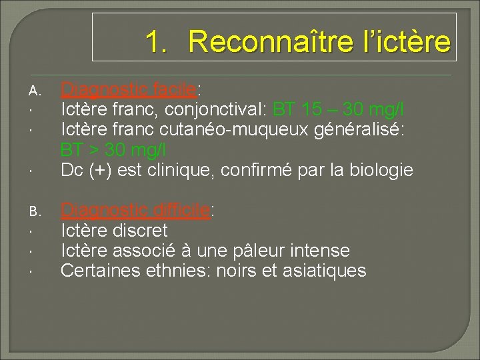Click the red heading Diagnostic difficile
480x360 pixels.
tap(135, 211)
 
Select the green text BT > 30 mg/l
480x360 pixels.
tap(113, 149)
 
